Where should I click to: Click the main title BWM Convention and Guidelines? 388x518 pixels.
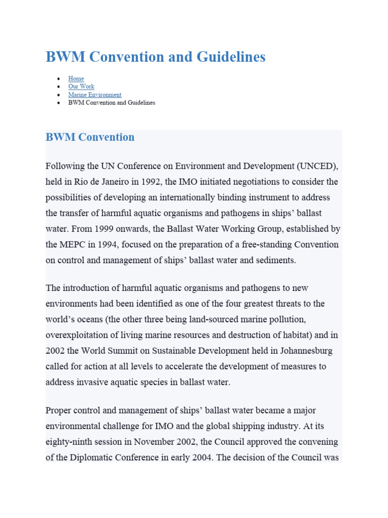(155, 57)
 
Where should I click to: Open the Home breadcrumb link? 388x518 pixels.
(76, 78)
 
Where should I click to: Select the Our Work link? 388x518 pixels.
(81, 87)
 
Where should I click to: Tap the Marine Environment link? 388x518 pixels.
(95, 95)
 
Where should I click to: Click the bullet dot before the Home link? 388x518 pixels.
(59, 79)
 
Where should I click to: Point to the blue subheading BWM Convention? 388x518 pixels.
(90, 137)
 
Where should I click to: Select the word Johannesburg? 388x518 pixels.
(304, 351)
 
